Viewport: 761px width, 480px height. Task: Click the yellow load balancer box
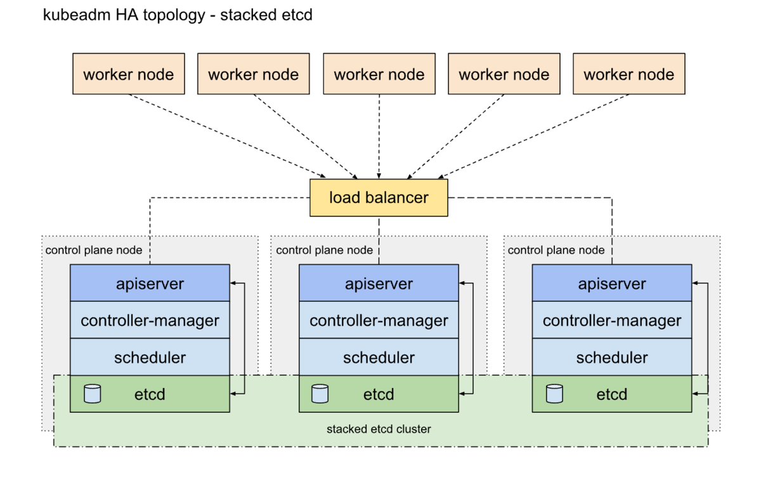pos(379,198)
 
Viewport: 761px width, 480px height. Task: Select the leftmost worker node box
pos(129,74)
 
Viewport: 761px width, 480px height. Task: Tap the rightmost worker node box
pos(629,74)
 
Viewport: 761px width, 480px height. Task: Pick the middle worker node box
pos(379,74)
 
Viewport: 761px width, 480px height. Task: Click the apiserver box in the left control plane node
pos(150,283)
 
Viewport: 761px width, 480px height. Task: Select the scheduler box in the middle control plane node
pos(379,357)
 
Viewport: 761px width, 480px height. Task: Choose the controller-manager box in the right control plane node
pos(612,320)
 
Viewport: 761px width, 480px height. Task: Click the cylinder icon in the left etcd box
pos(93,394)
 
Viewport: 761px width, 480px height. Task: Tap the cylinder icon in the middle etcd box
pos(320,394)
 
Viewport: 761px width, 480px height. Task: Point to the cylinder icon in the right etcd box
pos(554,394)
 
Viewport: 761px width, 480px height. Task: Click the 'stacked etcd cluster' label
pos(379,429)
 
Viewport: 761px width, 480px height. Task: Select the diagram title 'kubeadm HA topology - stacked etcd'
pos(178,15)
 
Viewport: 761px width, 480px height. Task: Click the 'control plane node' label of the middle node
pos(324,250)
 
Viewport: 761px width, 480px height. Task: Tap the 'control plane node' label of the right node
pos(556,250)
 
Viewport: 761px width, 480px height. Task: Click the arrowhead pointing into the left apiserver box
pos(233,283)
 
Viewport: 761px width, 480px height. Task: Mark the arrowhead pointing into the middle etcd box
pos(462,394)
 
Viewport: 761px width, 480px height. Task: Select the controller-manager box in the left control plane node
pos(150,320)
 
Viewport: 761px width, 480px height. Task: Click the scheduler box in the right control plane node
pos(612,357)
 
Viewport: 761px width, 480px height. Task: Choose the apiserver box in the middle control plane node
pos(379,283)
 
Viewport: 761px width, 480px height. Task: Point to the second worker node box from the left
pos(254,74)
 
